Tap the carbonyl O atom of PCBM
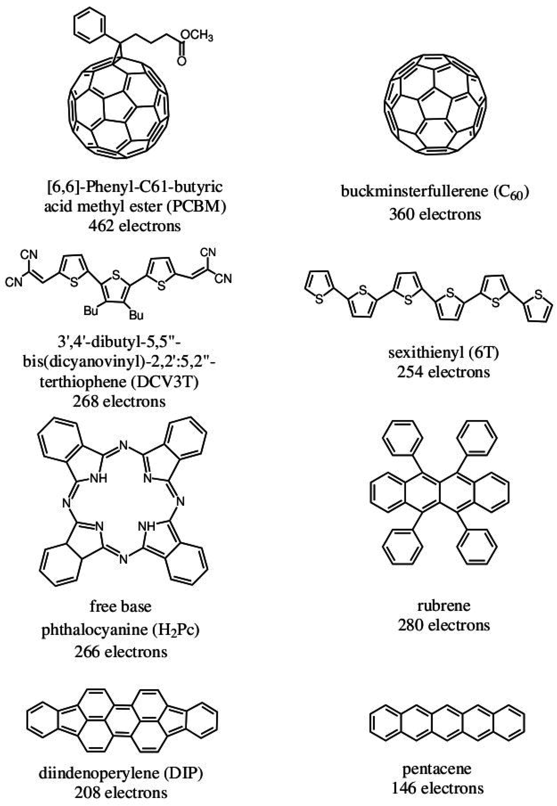point(182,61)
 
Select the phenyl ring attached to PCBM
point(90,25)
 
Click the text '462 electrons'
point(135,226)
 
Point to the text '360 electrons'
point(435,214)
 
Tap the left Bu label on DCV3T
point(91,310)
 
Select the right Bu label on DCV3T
point(136,315)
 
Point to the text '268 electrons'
point(119,402)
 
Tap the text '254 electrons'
point(443,372)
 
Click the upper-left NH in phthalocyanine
point(98,478)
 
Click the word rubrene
point(444,605)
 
